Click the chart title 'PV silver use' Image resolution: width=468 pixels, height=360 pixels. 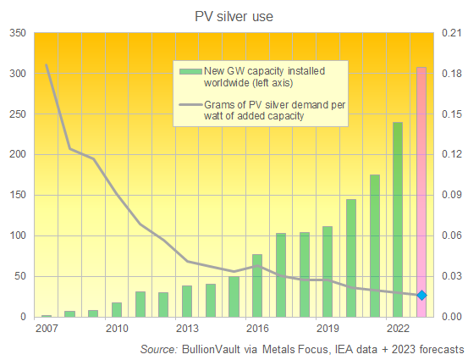point(234,14)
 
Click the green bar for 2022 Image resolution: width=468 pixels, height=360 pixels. point(398,219)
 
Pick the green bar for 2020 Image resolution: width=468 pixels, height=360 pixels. point(351,258)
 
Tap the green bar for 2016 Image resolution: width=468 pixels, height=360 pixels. point(257,285)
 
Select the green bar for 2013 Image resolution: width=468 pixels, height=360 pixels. point(187,302)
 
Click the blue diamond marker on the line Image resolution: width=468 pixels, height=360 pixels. point(421,295)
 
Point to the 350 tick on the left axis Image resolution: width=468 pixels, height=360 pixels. point(17,34)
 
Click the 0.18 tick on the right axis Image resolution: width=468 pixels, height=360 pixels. point(450,75)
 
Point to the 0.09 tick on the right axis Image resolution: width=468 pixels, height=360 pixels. point(450,196)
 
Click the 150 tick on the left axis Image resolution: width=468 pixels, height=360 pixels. point(17,196)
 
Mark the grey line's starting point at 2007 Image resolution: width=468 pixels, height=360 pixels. point(47,65)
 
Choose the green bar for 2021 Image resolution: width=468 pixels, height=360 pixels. point(375,246)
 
